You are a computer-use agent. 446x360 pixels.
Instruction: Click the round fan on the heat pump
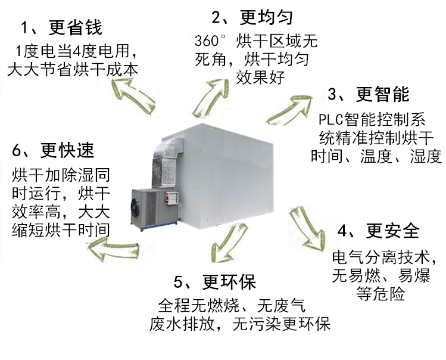coord(136,208)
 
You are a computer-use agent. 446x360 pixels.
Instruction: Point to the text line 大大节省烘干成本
coord(72,69)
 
